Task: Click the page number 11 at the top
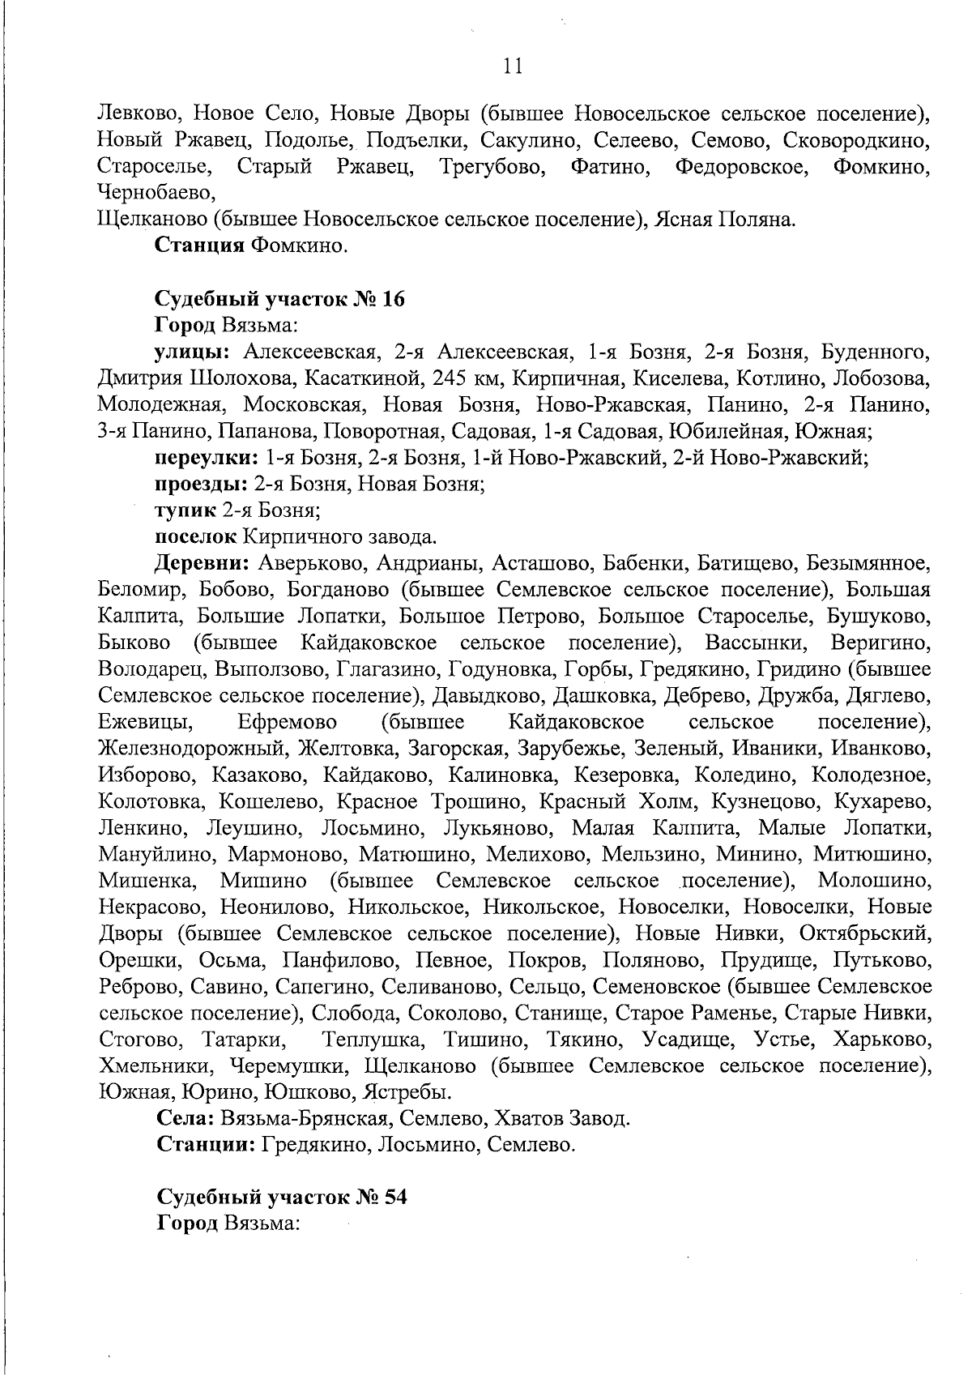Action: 513,67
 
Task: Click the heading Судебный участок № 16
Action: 279,300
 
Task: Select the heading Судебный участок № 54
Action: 280,1197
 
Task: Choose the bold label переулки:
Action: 207,458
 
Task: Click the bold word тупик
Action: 185,510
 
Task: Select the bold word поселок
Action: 195,536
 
